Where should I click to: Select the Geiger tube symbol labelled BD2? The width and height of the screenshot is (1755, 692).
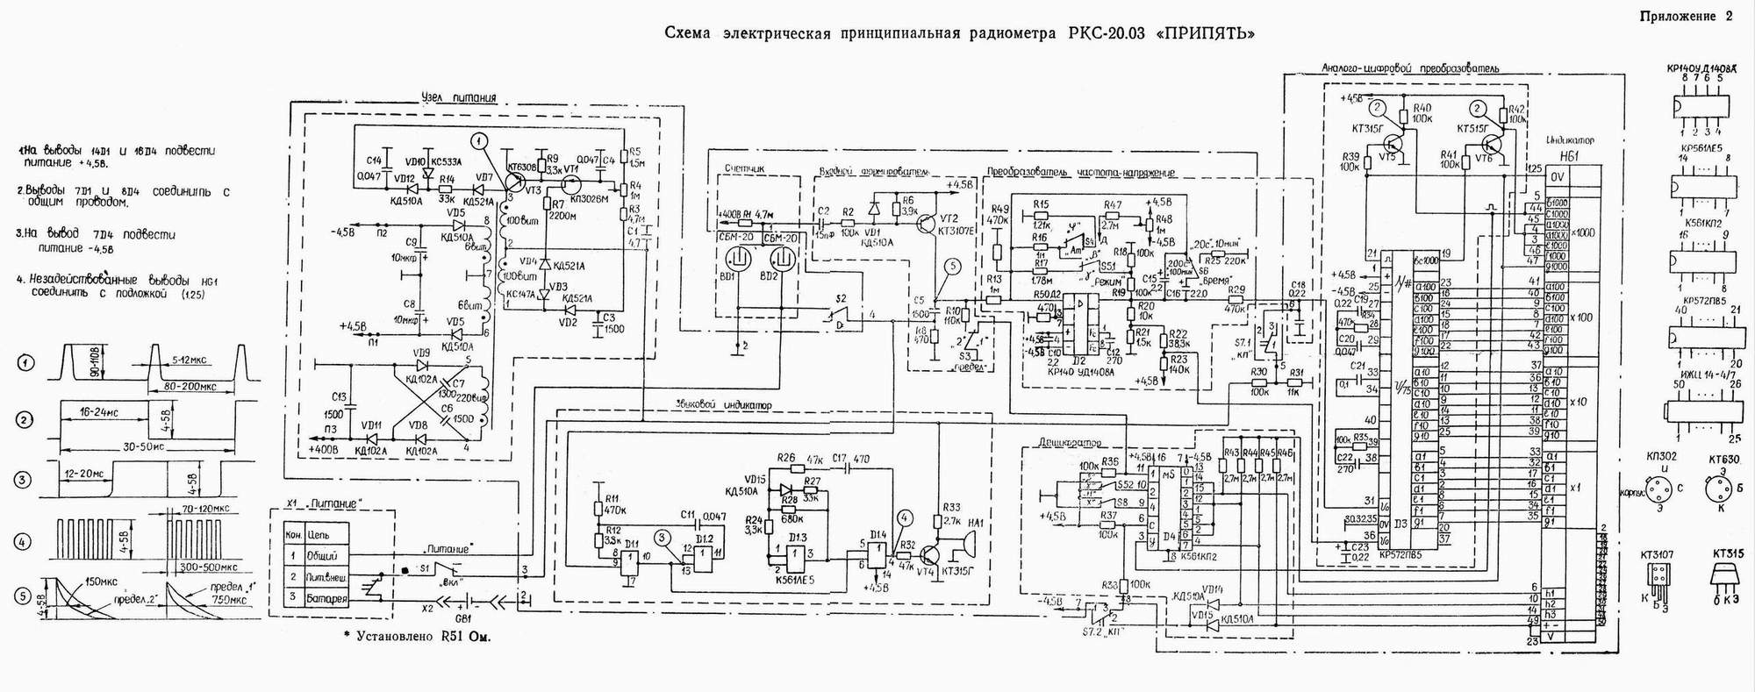point(781,260)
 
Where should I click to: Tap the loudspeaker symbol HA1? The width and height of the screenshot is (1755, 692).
point(968,545)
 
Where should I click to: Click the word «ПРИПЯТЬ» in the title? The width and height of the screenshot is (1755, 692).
point(1207,35)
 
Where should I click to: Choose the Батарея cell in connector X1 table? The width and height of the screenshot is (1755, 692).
point(326,599)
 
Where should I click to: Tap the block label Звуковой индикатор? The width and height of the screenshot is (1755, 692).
point(723,405)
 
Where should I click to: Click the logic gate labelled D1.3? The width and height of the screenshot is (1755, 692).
point(798,553)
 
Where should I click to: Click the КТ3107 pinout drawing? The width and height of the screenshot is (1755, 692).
point(1657,575)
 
